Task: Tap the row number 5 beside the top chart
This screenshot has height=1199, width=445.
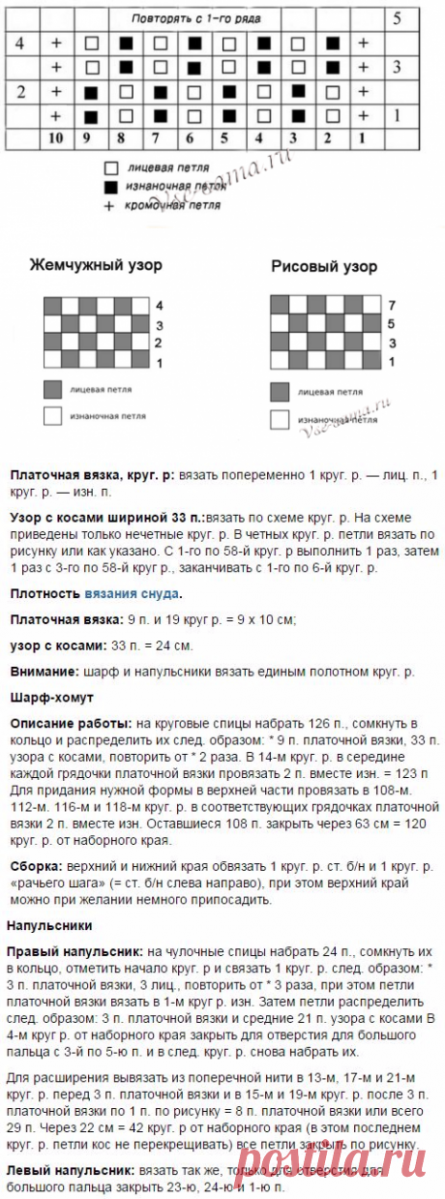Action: (x=397, y=18)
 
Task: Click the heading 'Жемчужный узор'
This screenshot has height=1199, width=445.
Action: (x=96, y=265)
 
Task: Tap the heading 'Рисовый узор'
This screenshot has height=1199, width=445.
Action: (x=324, y=266)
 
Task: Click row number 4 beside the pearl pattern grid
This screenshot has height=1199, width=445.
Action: (x=158, y=305)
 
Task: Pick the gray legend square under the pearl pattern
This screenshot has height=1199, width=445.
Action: (x=51, y=389)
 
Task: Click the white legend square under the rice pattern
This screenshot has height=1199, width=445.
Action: (x=280, y=419)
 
